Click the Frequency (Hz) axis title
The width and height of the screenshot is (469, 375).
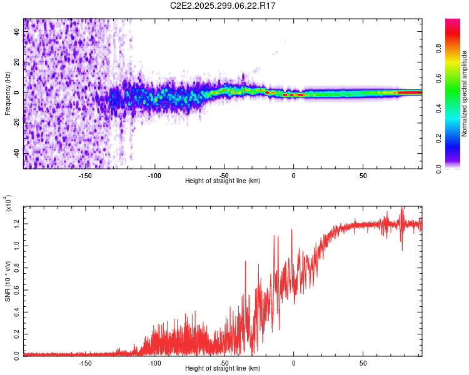click(8, 94)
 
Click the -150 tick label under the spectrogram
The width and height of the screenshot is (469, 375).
click(86, 176)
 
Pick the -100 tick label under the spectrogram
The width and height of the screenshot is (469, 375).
click(155, 176)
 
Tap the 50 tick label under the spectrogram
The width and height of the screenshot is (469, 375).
click(363, 176)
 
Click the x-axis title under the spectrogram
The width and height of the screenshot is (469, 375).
click(223, 181)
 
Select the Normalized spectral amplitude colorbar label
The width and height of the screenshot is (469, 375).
click(464, 94)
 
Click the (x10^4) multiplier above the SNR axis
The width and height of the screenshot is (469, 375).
click(9, 204)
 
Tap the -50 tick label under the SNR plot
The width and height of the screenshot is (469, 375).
click(224, 363)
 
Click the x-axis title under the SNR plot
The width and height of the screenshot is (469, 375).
click(223, 369)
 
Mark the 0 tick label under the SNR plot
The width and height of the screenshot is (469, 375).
click(294, 363)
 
